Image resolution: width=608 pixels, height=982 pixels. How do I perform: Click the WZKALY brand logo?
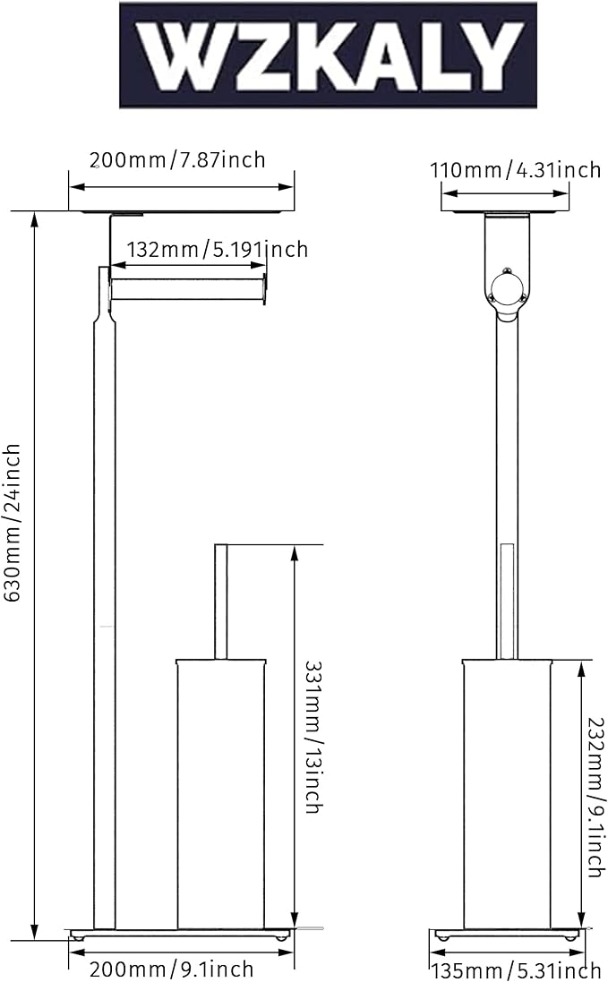click(328, 56)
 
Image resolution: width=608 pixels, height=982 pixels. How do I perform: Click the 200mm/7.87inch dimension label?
click(177, 160)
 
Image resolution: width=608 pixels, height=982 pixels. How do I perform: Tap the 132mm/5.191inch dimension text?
click(218, 249)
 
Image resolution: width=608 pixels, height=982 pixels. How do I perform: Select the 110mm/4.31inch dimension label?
click(516, 170)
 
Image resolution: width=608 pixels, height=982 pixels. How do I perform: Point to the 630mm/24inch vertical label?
click(13, 523)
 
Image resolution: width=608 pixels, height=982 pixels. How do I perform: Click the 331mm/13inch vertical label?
click(313, 737)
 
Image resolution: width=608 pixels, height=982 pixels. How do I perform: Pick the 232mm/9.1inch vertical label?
click(596, 798)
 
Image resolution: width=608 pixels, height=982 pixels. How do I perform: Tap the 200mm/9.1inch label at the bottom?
click(172, 969)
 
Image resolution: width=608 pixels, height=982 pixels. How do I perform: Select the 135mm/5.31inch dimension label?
click(516, 970)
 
